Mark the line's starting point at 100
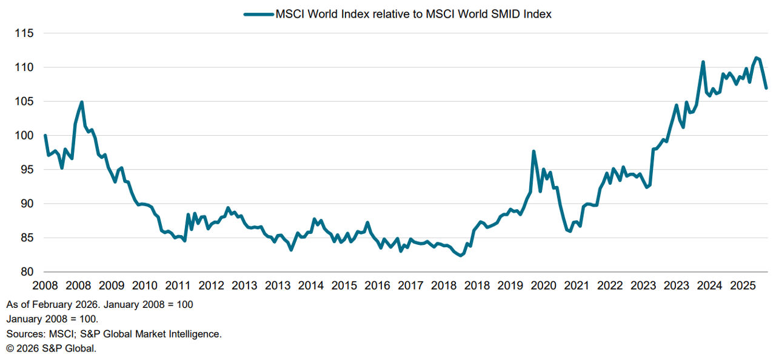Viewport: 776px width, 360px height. [x=45, y=136]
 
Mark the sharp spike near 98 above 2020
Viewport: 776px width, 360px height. [x=533, y=152]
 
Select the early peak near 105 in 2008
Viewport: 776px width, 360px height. [x=81, y=102]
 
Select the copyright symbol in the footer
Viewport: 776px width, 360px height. [x=10, y=348]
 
